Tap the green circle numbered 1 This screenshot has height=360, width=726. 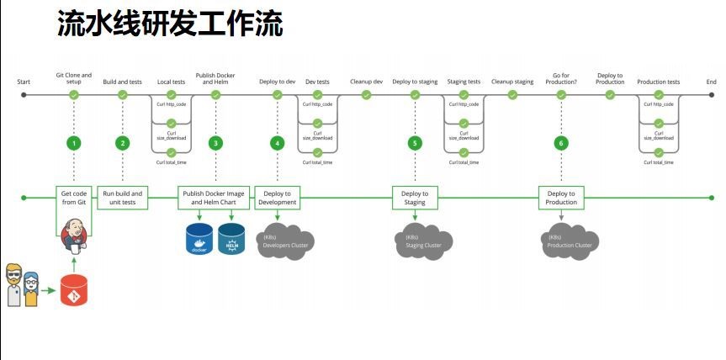coord(74,143)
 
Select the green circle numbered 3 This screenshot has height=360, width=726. coord(216,143)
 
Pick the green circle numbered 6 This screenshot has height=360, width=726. coord(561,143)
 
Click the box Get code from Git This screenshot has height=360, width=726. coord(74,198)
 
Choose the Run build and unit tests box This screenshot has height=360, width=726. coord(123,198)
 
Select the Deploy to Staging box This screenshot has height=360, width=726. coord(415,198)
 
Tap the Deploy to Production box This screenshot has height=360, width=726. coord(561,198)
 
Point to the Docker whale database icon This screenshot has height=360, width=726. coord(199,239)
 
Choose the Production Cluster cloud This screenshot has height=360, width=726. coord(570,241)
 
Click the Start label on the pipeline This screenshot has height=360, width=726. coord(24,82)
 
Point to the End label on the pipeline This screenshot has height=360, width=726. coord(712,82)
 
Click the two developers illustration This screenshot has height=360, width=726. coord(23,284)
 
